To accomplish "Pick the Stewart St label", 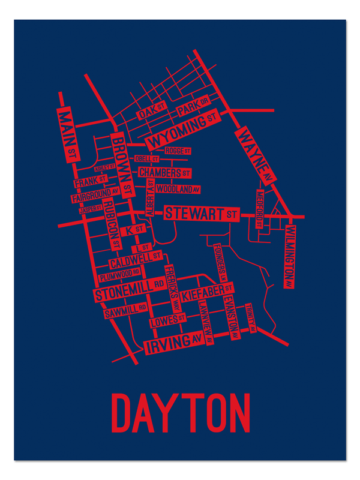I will point(200,213).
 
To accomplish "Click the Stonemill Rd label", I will point(129,289).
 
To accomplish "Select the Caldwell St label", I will point(136,260).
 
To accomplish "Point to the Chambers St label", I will point(164,173).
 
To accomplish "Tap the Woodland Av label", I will point(178,189).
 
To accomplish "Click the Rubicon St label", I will point(111,225).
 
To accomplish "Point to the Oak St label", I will point(151,110).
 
